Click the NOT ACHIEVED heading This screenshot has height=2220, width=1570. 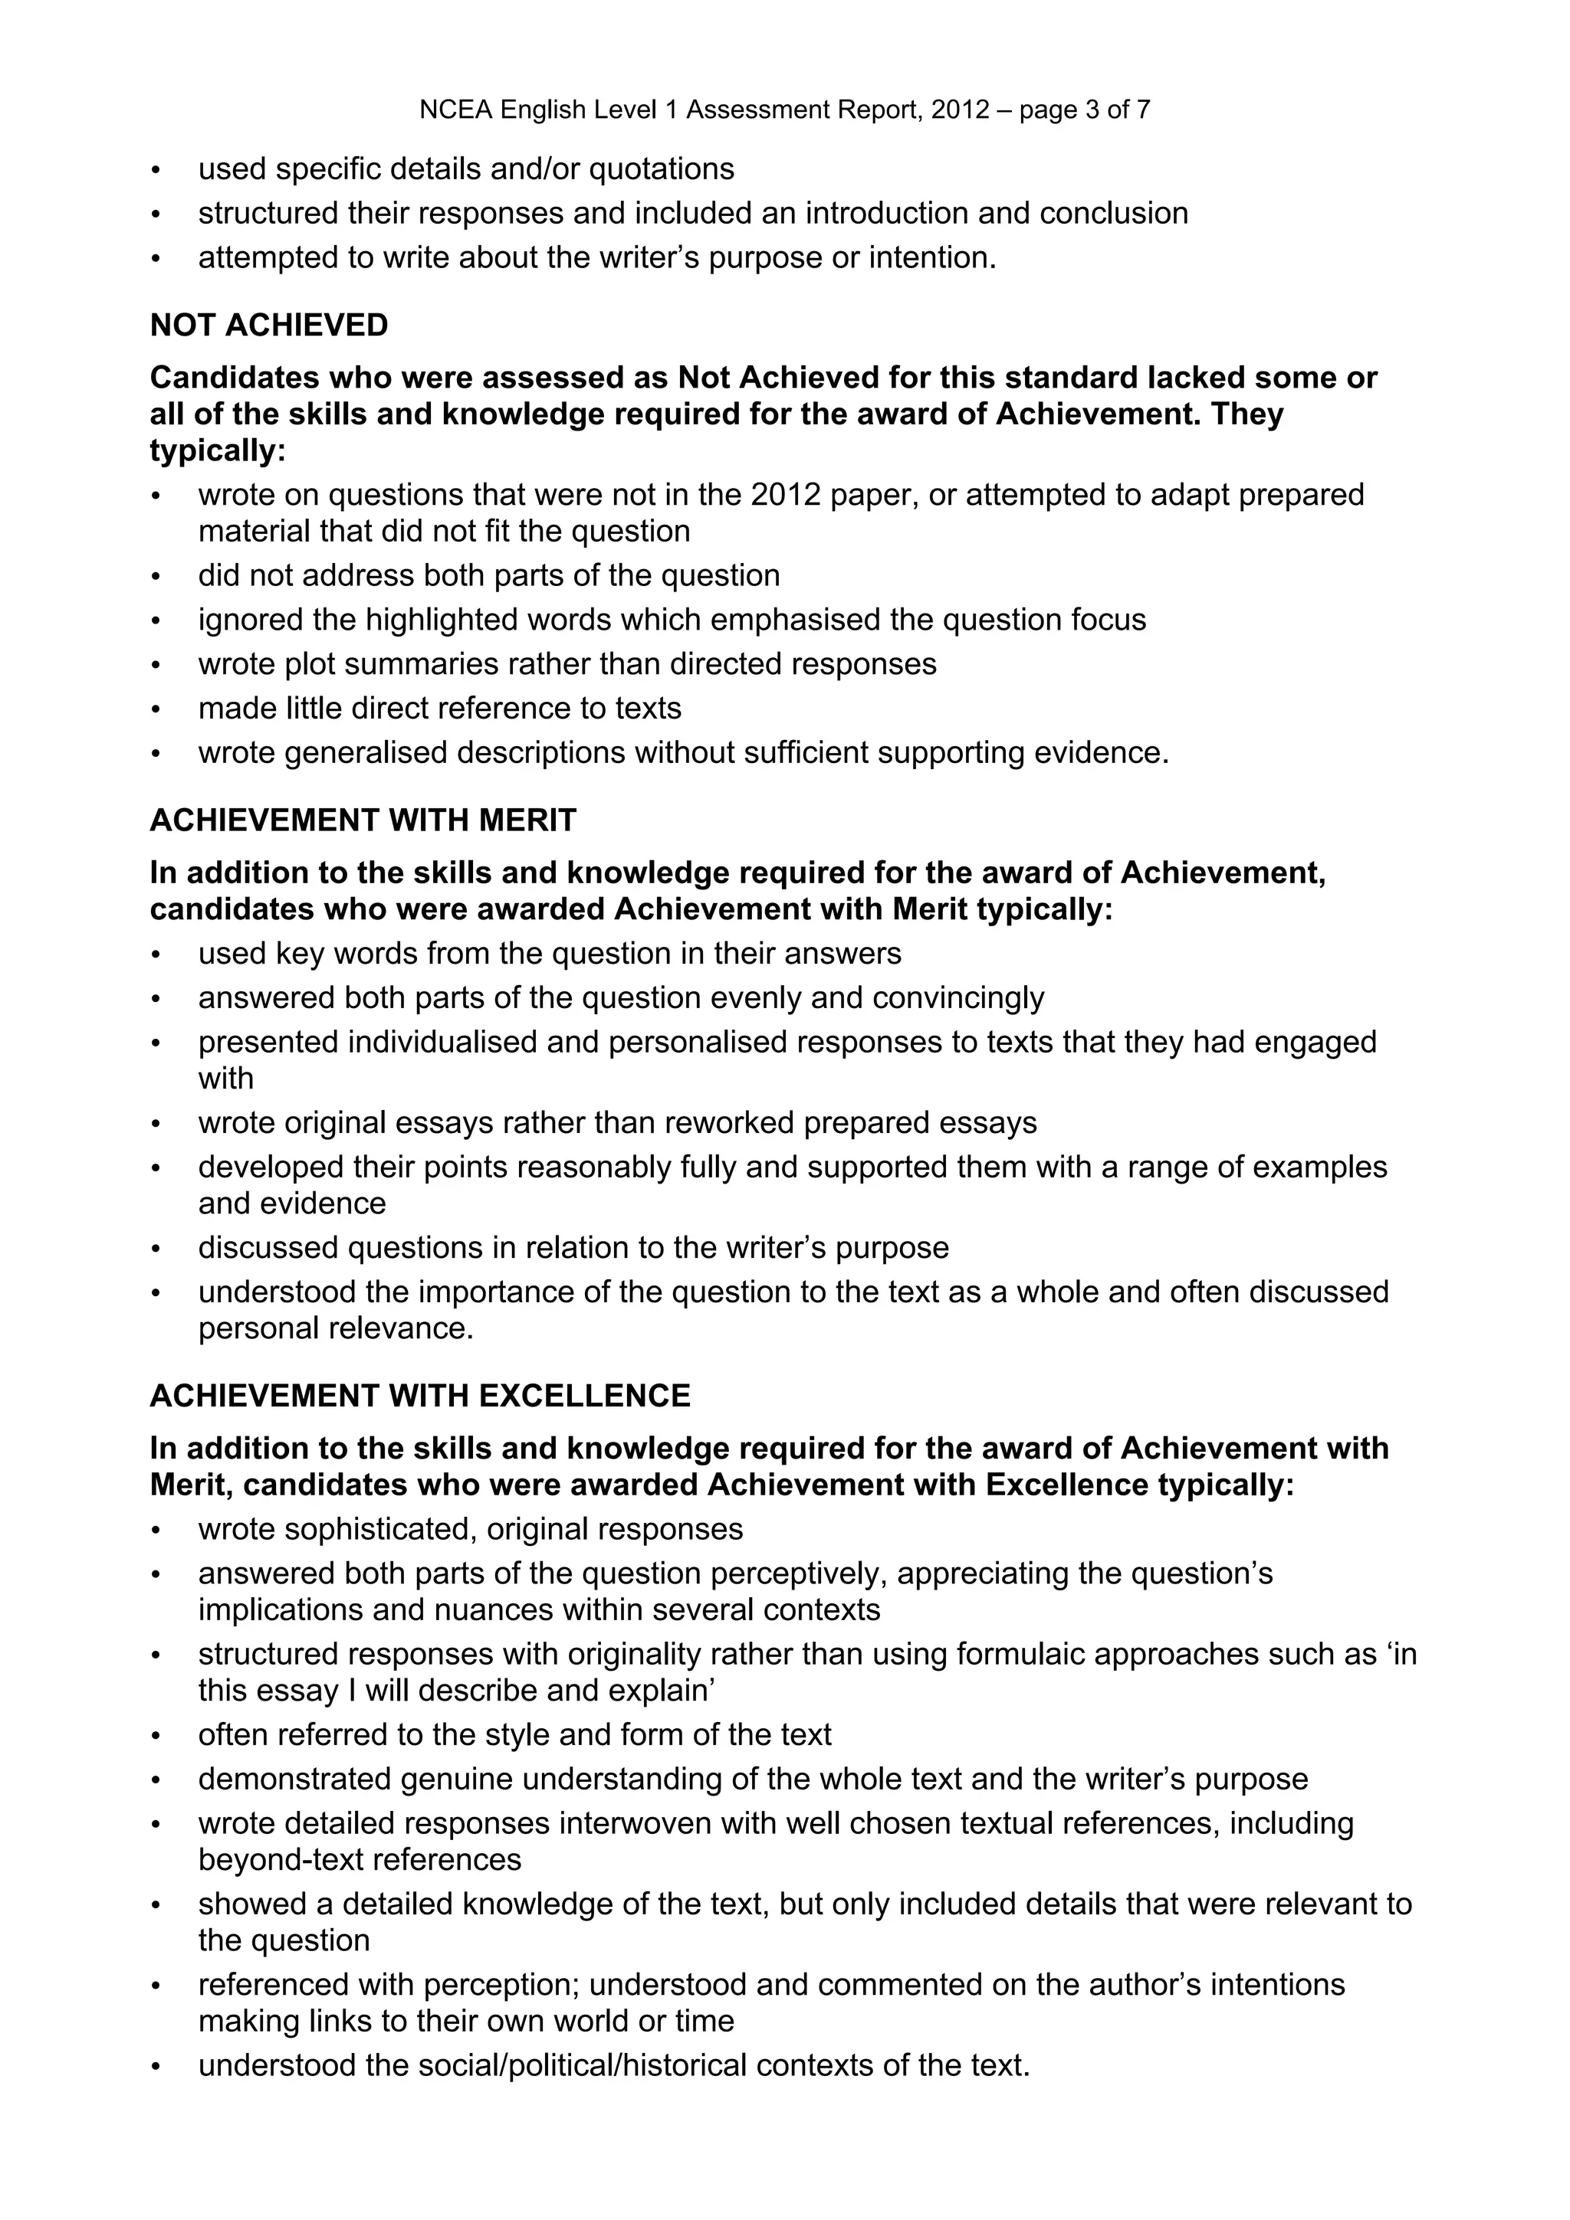click(x=269, y=326)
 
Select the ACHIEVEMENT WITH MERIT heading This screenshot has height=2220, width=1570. click(x=363, y=821)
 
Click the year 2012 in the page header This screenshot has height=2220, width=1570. click(x=960, y=110)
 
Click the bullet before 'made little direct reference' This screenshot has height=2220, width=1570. click(x=156, y=709)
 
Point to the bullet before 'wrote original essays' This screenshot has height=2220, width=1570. click(x=156, y=1124)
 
